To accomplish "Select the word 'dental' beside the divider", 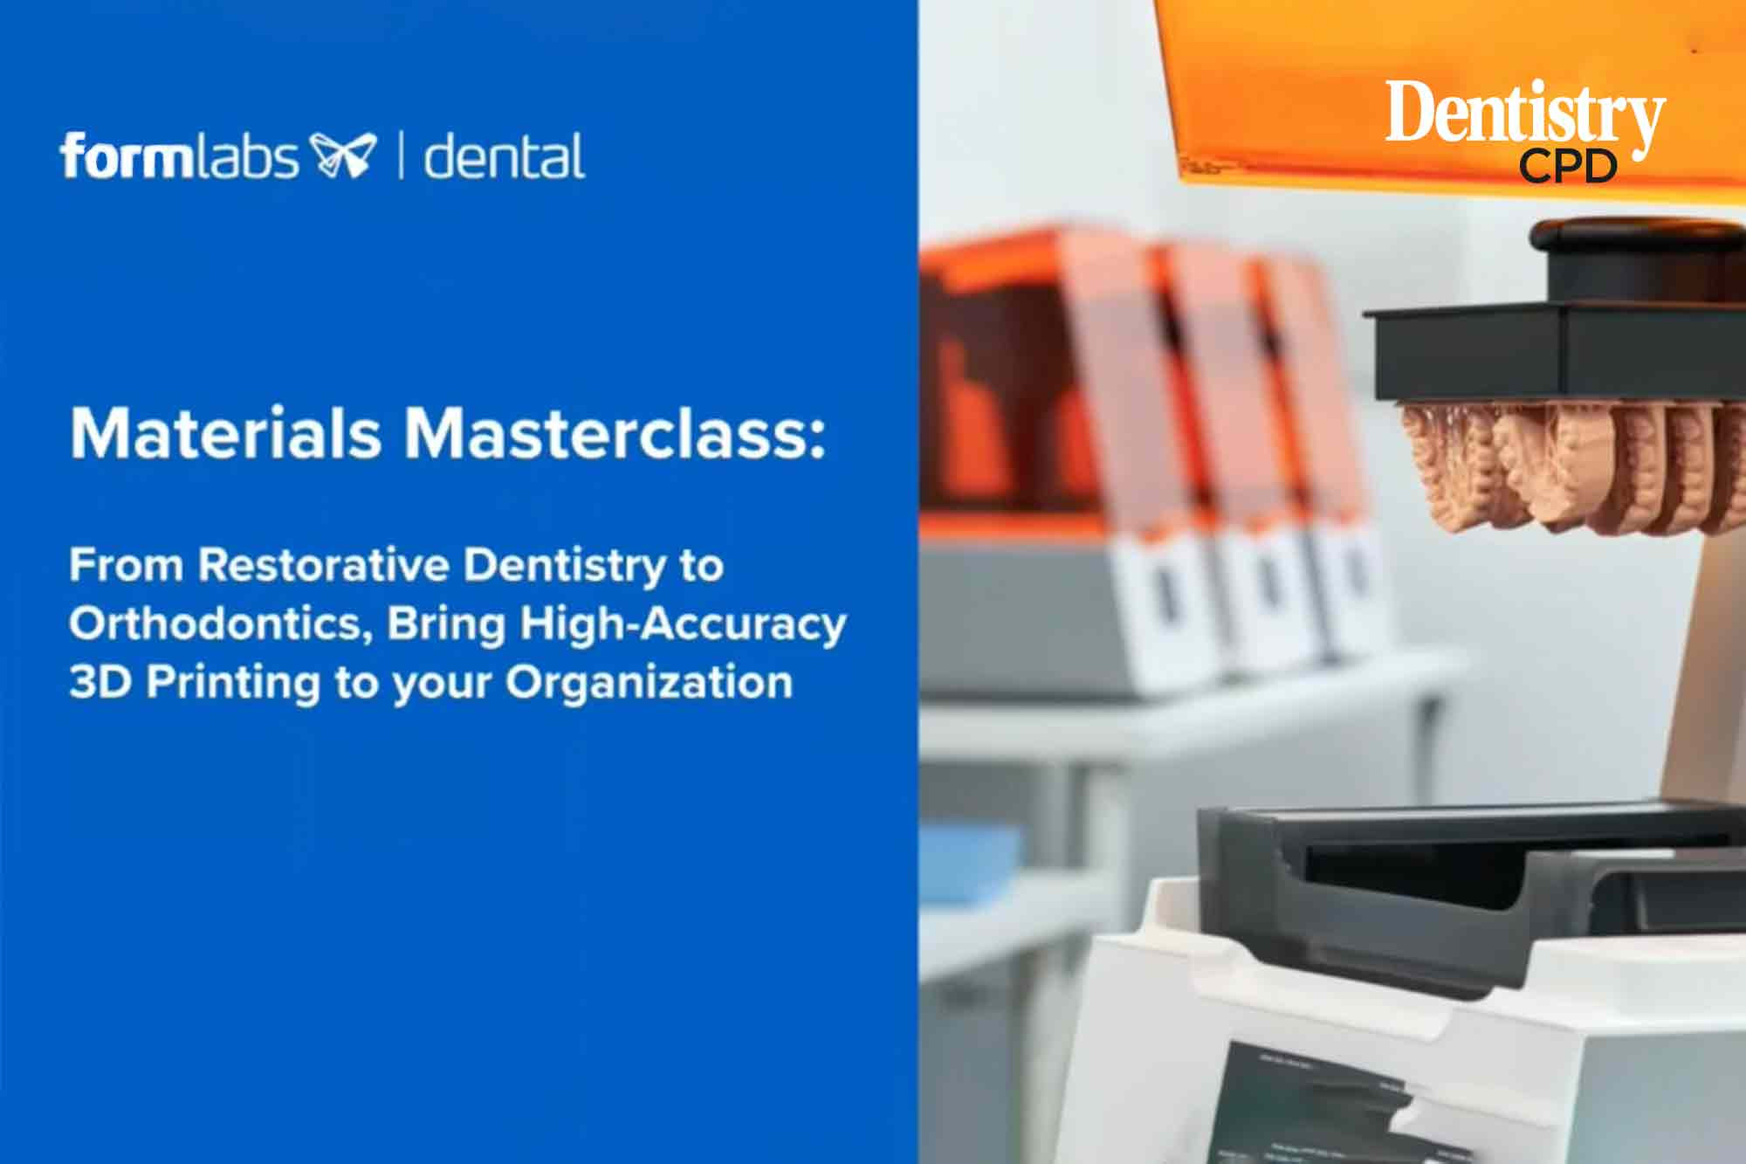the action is (504, 156).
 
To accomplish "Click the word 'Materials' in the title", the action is (225, 432).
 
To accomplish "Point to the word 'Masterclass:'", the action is (614, 432).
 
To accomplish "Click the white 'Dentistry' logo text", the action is (1525, 115).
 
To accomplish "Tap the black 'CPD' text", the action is (1568, 166).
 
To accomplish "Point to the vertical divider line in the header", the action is (401, 156).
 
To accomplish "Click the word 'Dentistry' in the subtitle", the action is (565, 567).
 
